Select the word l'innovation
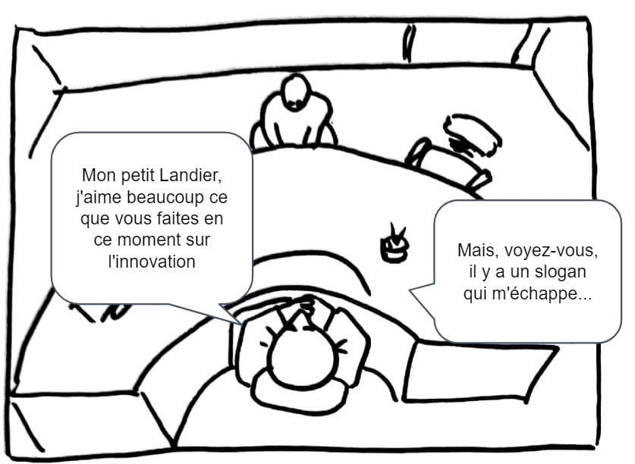[x=152, y=261]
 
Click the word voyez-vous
[x=552, y=251]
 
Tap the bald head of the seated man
[x=301, y=356]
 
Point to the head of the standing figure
[x=297, y=92]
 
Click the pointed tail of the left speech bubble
[x=241, y=324]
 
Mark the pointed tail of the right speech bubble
[x=410, y=290]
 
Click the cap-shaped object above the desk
[x=473, y=134]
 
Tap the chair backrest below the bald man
[x=299, y=392]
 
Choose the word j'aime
[x=99, y=198]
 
